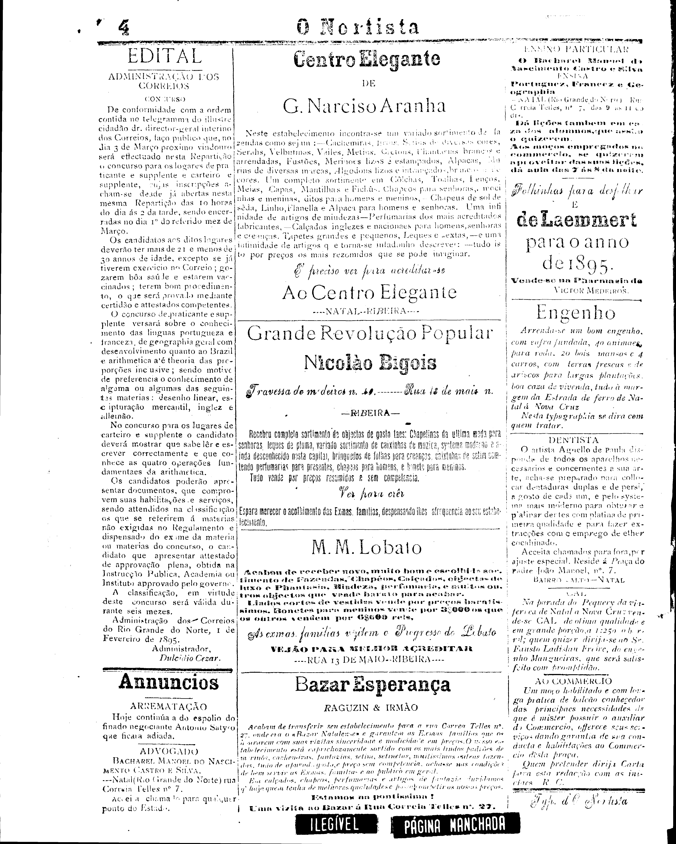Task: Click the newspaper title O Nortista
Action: tap(357, 27)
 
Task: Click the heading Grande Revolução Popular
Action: tap(370, 334)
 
